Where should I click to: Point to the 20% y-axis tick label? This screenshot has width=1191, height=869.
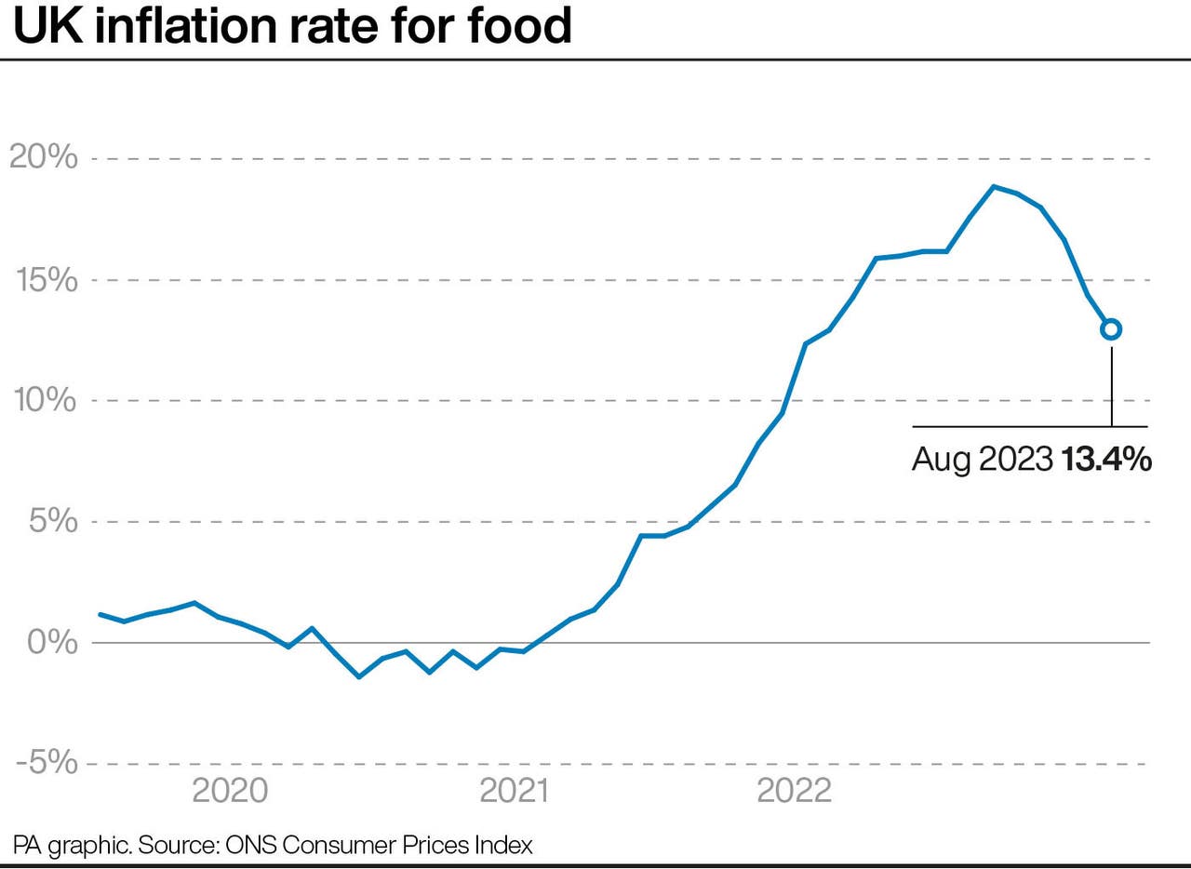point(43,158)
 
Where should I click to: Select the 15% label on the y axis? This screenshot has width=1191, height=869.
point(43,279)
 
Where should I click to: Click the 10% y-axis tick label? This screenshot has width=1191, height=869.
point(43,400)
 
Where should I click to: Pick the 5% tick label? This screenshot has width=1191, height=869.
point(52,521)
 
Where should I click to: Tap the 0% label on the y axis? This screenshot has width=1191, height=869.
point(52,642)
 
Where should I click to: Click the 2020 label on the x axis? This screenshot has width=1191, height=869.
point(230,791)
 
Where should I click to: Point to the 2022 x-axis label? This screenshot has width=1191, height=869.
point(794,791)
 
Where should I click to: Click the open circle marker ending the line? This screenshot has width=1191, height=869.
point(1111,328)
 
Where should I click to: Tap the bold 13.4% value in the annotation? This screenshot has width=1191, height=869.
point(1106,459)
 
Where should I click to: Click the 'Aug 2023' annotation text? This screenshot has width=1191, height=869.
point(982,459)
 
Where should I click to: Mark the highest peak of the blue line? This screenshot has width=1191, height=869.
point(994,186)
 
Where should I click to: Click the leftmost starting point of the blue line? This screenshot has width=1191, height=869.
point(100,614)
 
